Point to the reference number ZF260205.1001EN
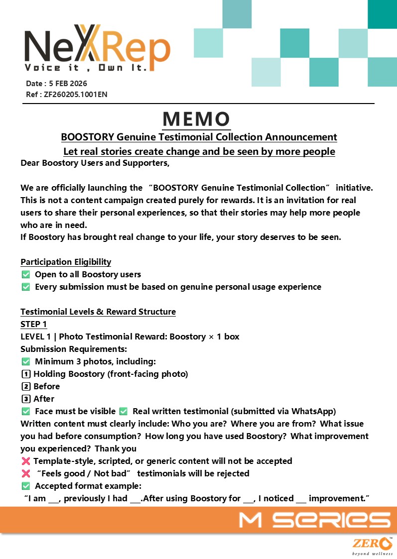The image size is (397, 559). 75,94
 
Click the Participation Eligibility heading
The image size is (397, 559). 66,262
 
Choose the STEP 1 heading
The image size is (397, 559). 33,325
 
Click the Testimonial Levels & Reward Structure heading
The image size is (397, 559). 98,312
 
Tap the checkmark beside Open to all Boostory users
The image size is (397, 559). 26,275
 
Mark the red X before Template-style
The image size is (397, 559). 26,461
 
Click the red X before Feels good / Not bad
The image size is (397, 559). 26,474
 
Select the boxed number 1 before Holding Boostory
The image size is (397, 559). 26,374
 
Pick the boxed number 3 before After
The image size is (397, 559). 26,399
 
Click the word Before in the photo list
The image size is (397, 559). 47,387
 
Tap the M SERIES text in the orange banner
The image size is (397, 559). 314,520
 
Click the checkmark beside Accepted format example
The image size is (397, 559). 26,486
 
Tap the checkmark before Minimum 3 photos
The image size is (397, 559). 26,362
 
